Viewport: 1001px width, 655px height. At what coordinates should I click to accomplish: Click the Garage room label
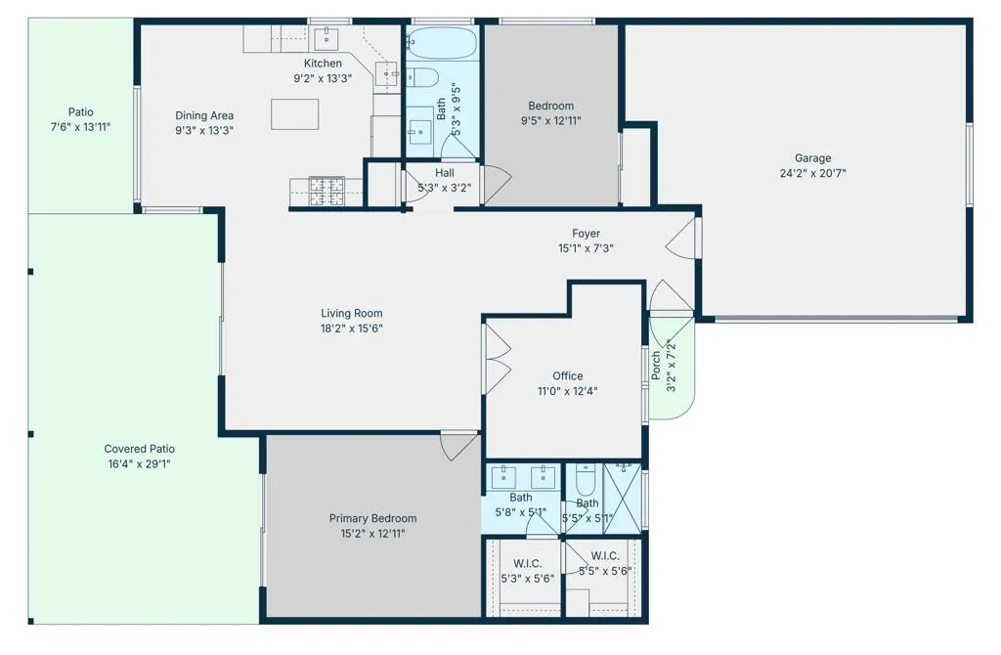812,157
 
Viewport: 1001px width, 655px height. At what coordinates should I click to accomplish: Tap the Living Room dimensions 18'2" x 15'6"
352,328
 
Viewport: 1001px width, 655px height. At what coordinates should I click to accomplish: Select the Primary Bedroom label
372,518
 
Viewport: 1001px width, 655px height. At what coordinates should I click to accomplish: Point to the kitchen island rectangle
295,114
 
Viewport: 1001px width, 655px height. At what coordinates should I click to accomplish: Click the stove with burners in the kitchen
326,192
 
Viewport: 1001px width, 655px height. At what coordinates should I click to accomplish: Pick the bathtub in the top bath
442,43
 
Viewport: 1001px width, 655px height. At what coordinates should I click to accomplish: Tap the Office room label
568,376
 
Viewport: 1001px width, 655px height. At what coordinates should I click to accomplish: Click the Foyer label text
587,234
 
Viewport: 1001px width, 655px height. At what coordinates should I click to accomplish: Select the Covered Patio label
139,449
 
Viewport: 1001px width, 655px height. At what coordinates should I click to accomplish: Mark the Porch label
656,366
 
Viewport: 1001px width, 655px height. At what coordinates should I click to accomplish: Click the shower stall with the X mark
623,500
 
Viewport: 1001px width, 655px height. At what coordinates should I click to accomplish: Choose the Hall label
445,173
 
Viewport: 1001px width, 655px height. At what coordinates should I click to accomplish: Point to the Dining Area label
204,115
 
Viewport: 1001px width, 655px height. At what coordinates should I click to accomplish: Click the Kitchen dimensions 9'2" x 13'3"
323,78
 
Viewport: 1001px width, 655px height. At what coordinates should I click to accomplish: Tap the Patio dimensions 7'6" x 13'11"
80,127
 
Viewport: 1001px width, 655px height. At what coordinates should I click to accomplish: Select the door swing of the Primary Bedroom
457,446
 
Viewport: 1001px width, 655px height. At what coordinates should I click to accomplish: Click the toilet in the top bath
422,77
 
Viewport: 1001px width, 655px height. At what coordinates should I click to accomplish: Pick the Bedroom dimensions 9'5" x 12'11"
551,120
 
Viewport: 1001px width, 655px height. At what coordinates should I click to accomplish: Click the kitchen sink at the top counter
326,38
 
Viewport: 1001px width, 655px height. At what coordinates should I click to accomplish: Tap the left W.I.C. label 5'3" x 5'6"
527,571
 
